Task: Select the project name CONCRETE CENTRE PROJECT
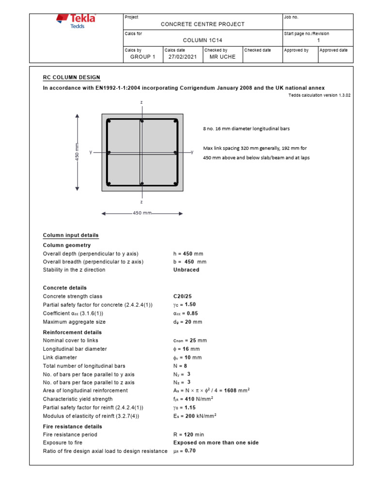(202, 24)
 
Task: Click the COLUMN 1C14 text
(202, 41)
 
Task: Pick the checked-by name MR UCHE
(222, 57)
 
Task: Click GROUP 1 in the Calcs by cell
(143, 57)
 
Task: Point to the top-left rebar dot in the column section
(109, 121)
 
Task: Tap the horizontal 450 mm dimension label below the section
(142, 213)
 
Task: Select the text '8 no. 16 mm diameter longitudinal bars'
(246, 129)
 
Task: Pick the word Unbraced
(186, 270)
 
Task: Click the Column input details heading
(71, 235)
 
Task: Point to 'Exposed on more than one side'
(216, 443)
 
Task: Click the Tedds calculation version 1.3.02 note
(319, 95)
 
